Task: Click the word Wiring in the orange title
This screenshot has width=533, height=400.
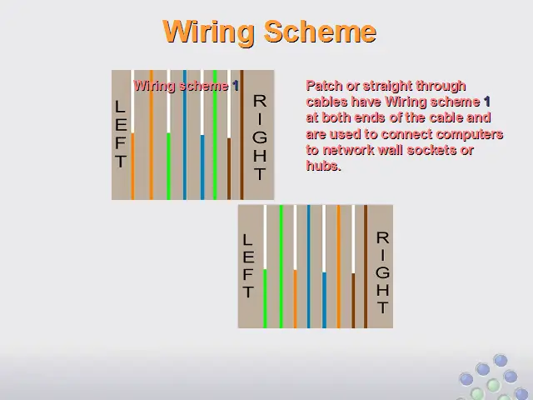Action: pos(209,32)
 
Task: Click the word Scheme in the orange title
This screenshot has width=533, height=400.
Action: pos(320,32)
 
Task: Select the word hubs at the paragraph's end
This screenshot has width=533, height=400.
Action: pos(323,166)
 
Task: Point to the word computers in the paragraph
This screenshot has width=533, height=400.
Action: pos(470,134)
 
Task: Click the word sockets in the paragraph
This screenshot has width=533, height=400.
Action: pos(431,150)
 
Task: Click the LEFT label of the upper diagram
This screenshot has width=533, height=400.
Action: pos(121,133)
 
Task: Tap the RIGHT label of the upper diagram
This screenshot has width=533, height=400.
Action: pos(260,137)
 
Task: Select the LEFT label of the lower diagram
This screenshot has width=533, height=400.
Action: pos(248,266)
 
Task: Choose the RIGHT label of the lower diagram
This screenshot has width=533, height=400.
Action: pos(383,272)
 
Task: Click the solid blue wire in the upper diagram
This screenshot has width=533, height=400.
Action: pos(185,135)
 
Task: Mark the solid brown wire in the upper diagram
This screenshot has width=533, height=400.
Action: pos(242,135)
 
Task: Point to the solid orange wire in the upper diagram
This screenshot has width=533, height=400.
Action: pos(152,135)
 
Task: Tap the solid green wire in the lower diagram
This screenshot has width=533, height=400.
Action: pos(281,267)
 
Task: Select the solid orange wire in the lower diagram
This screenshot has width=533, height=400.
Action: pos(339,267)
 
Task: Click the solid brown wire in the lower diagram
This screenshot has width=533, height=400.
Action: pos(366,267)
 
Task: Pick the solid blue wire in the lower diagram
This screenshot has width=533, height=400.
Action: pos(309,267)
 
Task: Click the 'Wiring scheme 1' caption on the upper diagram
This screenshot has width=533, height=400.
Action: pos(186,86)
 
